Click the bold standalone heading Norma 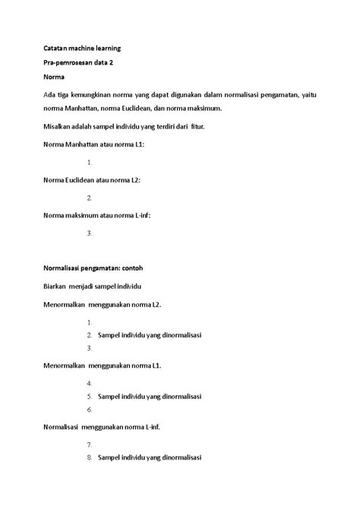coord(54,77)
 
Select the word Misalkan coord(58,125)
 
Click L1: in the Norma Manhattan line coord(137,144)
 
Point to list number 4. coord(90,383)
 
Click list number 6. coord(90,409)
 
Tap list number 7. coord(90,444)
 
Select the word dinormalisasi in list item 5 coord(174,397)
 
